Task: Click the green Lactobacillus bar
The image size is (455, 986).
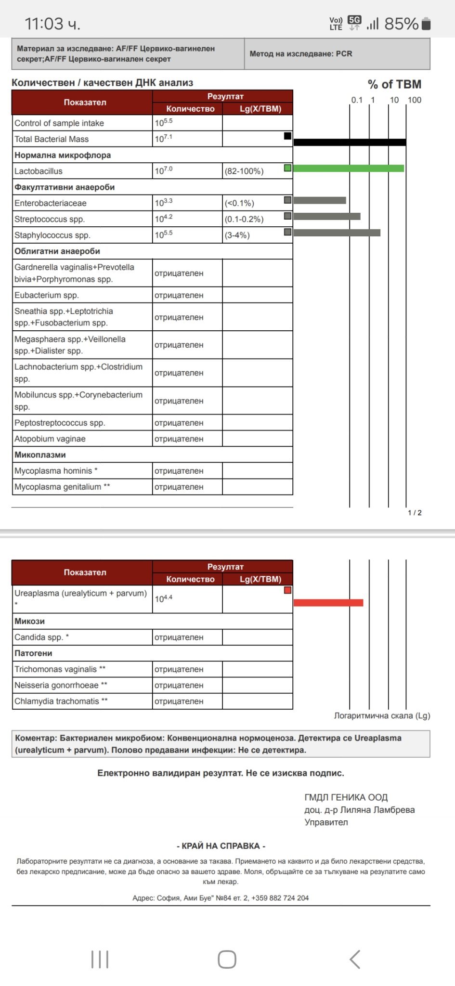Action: point(348,168)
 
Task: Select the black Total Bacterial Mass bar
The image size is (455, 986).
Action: point(350,142)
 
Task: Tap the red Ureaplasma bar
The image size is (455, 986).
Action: point(328,602)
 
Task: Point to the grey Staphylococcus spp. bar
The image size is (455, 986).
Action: point(337,233)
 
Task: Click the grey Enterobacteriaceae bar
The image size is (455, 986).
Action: point(319,200)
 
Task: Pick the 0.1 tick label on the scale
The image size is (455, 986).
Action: point(356,100)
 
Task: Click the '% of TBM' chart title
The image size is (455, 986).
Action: point(394,84)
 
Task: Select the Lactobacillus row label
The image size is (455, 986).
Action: point(39,171)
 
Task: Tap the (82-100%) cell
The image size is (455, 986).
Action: point(244,171)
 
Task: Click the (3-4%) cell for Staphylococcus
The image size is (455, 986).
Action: point(237,235)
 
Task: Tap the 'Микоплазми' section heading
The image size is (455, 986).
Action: point(40,454)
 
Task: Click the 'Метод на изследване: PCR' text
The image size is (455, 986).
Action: point(300,53)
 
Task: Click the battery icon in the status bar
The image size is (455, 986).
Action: point(426,24)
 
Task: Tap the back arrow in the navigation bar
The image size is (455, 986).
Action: point(355,959)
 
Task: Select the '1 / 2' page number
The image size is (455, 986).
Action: point(415,513)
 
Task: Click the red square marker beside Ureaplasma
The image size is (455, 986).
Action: point(287,590)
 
